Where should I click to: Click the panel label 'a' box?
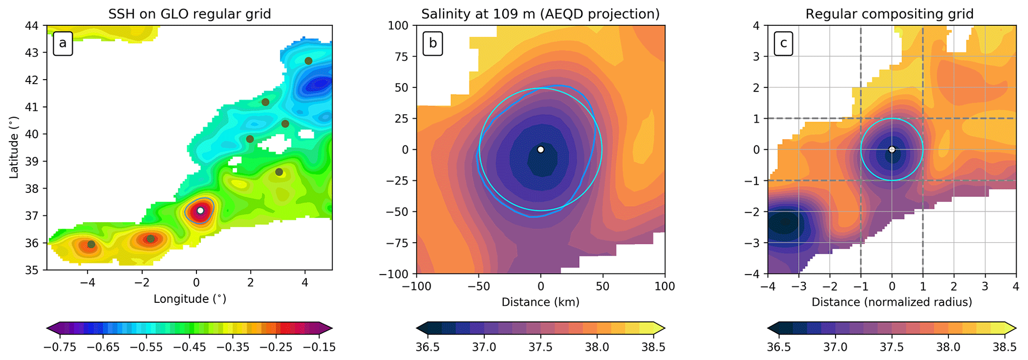click(63, 43)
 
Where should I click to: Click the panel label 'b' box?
click(433, 43)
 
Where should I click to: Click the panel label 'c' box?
click(783, 43)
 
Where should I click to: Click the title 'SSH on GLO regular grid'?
click(189, 14)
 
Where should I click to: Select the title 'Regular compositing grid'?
click(889, 14)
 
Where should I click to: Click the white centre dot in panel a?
click(200, 210)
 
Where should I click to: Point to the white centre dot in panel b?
click(541, 149)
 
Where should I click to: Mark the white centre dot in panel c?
click(892, 149)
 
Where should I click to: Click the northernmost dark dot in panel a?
click(308, 61)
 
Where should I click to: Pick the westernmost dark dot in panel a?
click(91, 244)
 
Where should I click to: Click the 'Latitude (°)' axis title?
click(14, 148)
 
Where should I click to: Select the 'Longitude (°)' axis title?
click(189, 299)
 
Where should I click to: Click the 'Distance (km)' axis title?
click(540, 302)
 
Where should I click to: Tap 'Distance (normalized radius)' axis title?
click(892, 302)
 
